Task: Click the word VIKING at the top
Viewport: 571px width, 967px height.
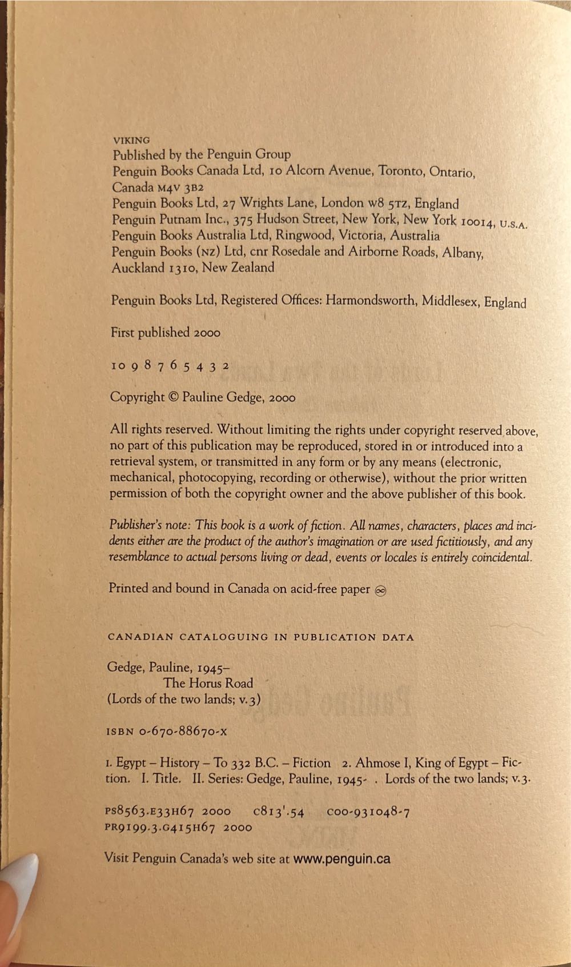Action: pos(131,139)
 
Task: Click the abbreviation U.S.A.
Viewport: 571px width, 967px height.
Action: pos(513,224)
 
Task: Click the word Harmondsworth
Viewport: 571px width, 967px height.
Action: pos(371,301)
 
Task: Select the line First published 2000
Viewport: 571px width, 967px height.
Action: pos(166,333)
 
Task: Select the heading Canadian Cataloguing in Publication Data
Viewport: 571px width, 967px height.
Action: pos(260,637)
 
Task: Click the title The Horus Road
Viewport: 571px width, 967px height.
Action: pos(208,683)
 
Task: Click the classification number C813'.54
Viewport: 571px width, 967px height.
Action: pos(278,811)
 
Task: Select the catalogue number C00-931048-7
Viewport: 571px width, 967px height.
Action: pos(368,811)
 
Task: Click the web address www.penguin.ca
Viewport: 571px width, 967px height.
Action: pos(341,858)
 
